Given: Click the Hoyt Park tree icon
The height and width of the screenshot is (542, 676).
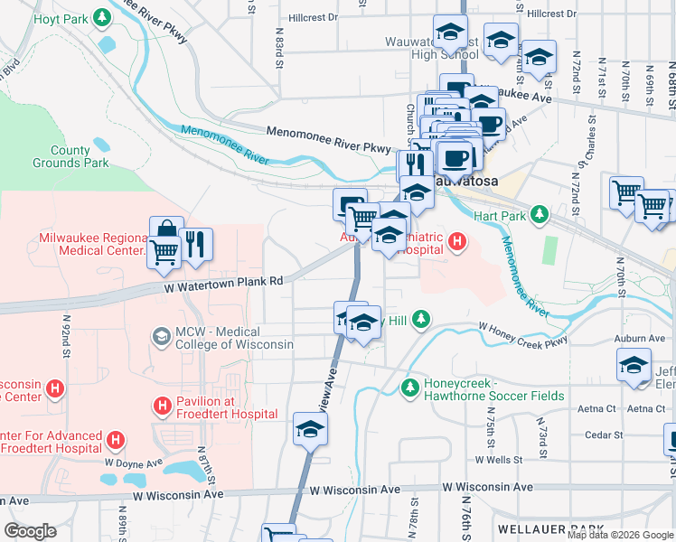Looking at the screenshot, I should pyautogui.click(x=102, y=17).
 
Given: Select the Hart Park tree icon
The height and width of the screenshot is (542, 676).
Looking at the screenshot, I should pyautogui.click(x=540, y=214).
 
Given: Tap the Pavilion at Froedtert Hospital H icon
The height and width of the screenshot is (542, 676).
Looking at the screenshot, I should pyautogui.click(x=163, y=406).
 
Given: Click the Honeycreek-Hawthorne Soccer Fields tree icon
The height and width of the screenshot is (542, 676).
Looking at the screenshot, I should pyautogui.click(x=409, y=388).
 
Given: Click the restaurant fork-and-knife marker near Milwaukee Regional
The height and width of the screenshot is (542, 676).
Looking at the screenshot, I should pyautogui.click(x=195, y=244).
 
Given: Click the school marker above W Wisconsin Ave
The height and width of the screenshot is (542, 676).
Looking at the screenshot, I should pyautogui.click(x=309, y=427).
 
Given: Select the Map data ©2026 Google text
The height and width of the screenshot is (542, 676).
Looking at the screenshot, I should pyautogui.click(x=620, y=535).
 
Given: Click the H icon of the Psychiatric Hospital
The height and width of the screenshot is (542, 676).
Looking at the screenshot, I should pyautogui.click(x=457, y=241).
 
